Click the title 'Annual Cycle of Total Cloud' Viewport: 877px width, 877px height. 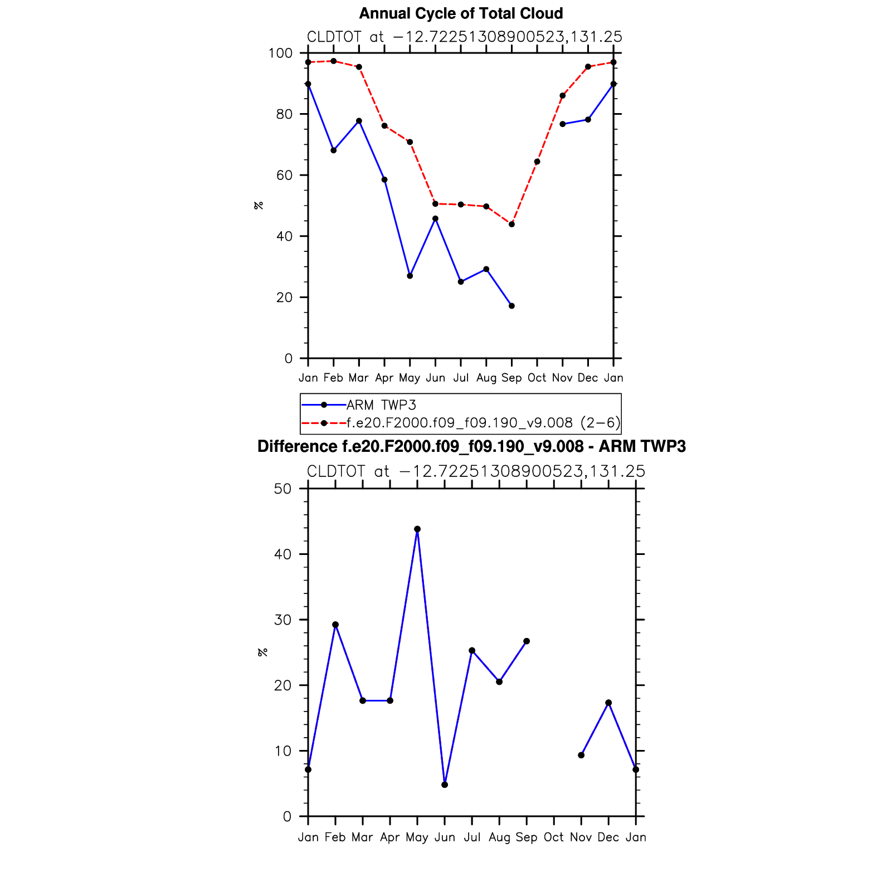pos(461,13)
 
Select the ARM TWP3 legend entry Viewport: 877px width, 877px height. pos(381,405)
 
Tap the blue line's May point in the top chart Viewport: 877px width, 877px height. pos(410,276)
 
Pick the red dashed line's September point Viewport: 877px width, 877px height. pos(511,224)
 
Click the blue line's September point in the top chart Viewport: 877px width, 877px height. pos(511,306)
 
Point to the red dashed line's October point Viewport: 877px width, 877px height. pos(537,162)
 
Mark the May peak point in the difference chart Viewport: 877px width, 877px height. pos(417,529)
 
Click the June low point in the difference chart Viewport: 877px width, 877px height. pos(445,785)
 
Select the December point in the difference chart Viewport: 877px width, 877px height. pos(608,703)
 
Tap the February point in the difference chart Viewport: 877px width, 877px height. pos(335,625)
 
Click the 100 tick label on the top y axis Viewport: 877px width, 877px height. pos(280,53)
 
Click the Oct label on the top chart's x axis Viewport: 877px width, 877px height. pos(537,378)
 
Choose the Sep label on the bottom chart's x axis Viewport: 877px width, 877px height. pos(527,837)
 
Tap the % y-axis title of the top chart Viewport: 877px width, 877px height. pos(259,206)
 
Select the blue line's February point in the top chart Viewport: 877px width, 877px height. pos(334,150)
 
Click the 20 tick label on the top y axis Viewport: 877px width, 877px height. pos(284,297)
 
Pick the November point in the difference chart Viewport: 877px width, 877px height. pos(581,755)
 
